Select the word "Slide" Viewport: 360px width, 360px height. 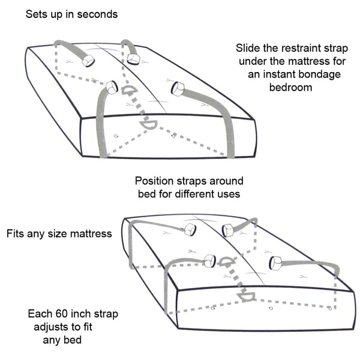pos(249,48)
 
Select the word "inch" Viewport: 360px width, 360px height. pos(83,314)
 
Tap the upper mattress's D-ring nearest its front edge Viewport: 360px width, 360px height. pos(148,124)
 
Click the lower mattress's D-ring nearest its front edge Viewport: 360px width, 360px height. pos(247,296)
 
